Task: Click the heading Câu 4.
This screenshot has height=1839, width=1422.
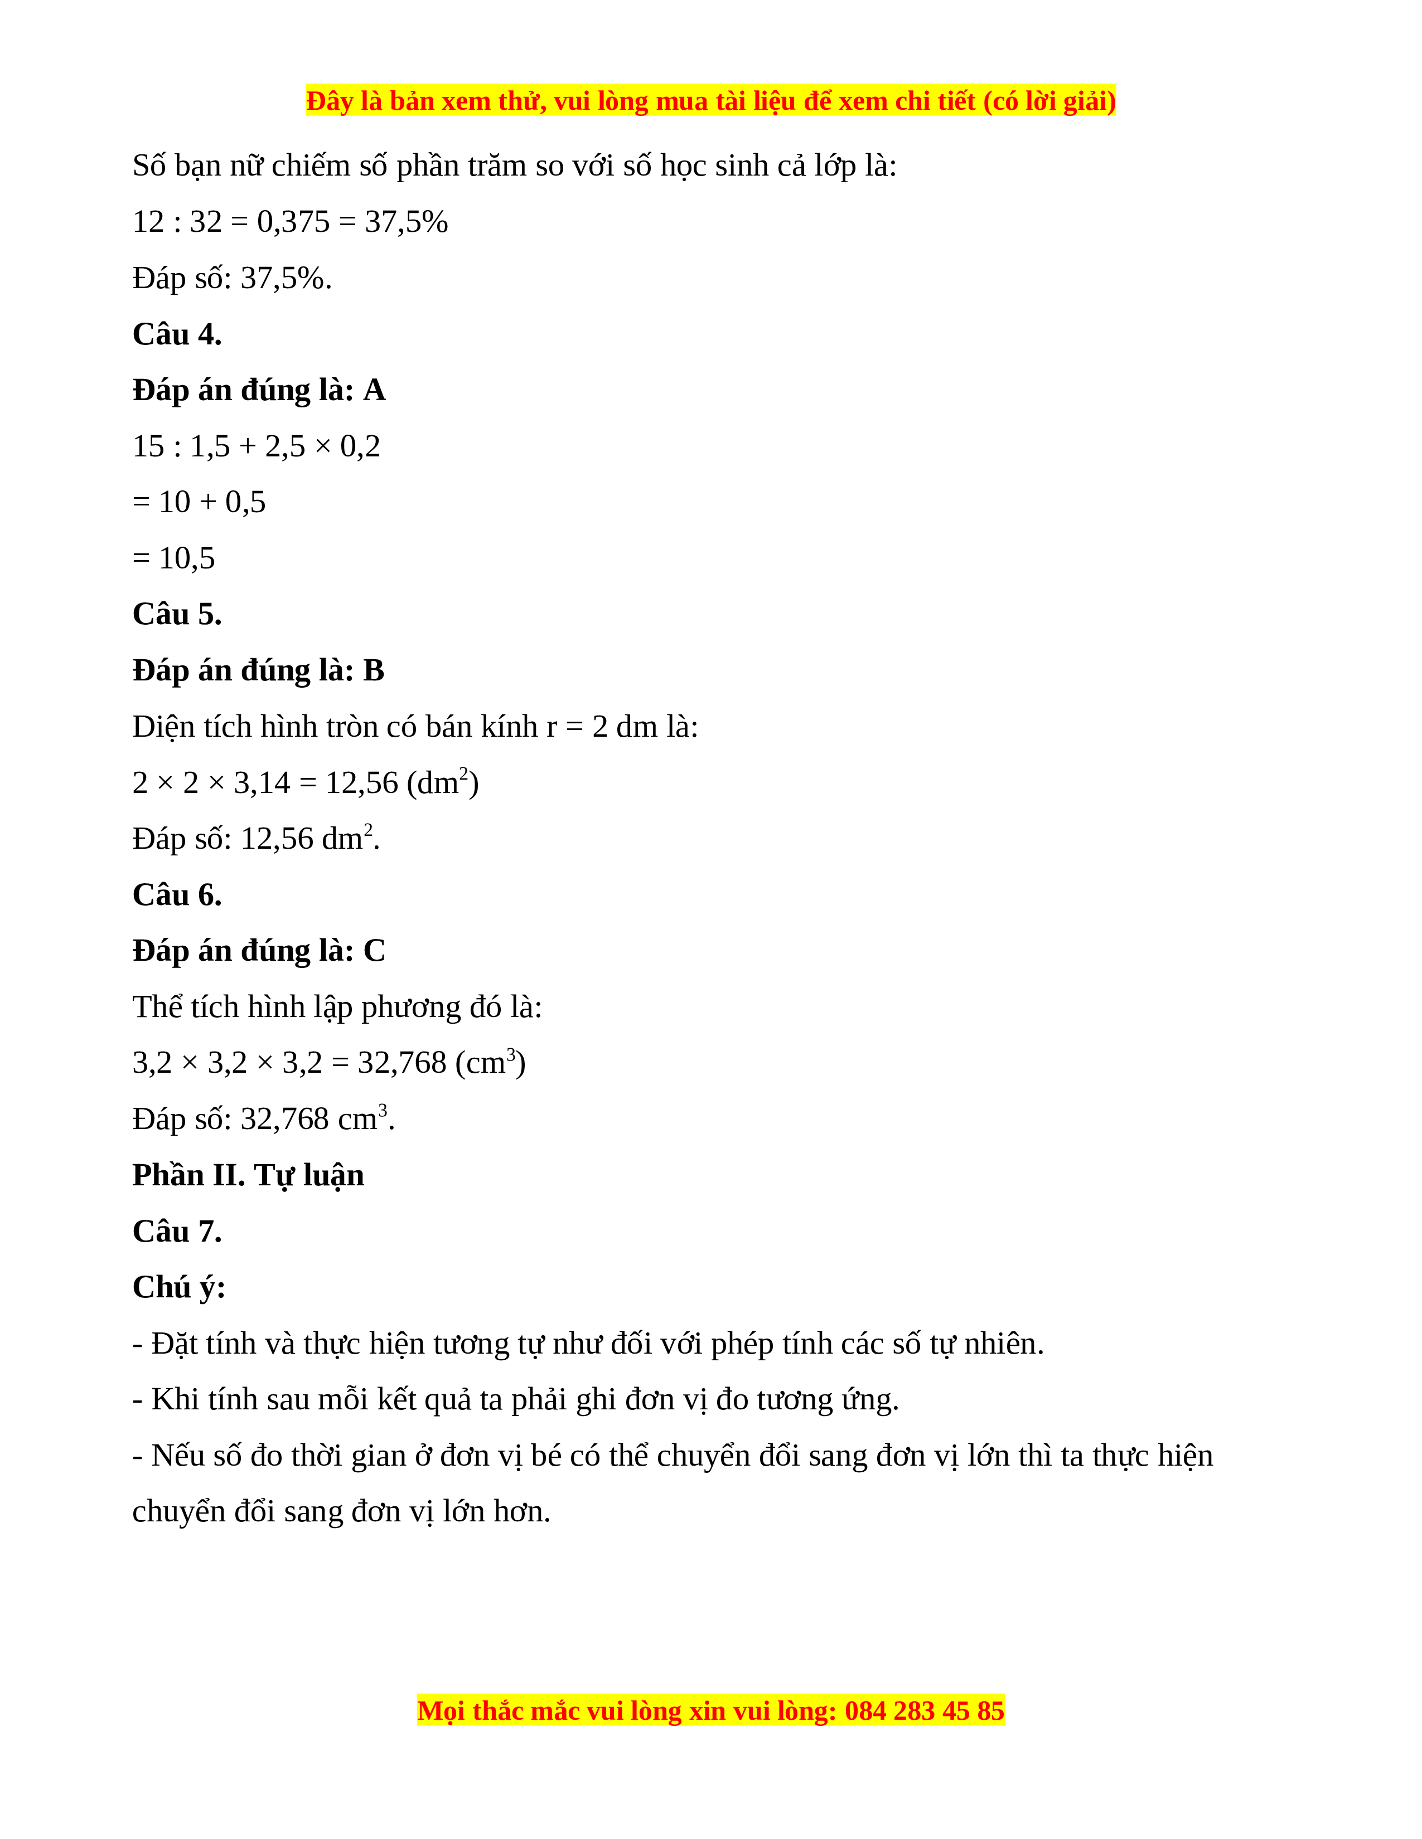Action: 177,334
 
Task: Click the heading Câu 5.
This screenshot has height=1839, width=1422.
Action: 177,615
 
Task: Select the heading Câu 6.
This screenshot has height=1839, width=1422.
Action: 177,895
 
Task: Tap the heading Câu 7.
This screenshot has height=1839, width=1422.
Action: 177,1231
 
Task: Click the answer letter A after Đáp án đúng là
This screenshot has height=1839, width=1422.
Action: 374,391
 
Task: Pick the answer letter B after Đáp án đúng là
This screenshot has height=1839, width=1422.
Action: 373,671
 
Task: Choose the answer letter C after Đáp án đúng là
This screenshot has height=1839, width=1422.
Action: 374,951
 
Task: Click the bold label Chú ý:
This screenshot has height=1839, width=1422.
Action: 178,1287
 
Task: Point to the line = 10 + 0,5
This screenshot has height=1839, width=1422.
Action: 199,503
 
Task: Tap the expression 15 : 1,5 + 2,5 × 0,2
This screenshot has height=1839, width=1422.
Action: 256,446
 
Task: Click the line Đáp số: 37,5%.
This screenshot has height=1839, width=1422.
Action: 231,279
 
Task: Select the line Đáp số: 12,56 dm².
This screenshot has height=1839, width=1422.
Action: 256,839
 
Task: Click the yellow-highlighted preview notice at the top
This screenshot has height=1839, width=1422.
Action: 710,101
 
